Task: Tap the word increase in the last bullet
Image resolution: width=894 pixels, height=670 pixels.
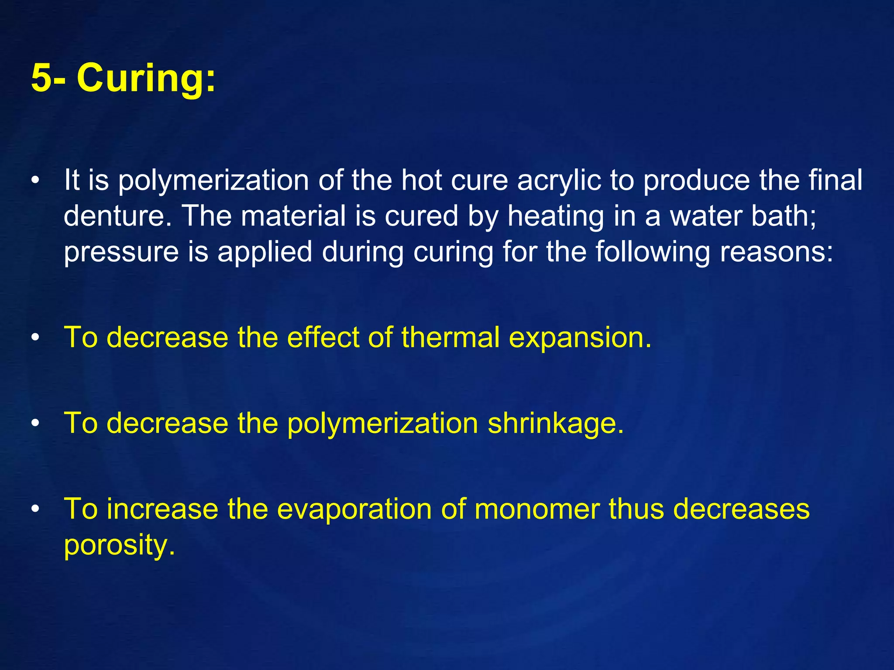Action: pyautogui.click(x=162, y=509)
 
